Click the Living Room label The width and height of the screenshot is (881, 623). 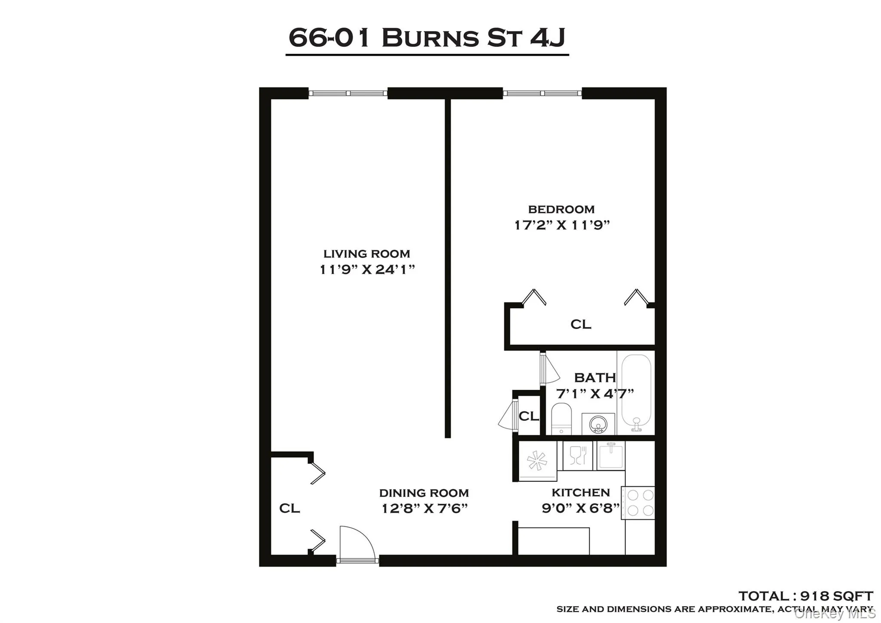[x=367, y=254]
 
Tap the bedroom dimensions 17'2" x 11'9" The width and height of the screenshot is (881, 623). [x=562, y=225]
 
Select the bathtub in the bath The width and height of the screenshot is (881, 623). [x=636, y=392]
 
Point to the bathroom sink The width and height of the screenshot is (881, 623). [x=598, y=424]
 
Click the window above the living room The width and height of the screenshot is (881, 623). [x=348, y=93]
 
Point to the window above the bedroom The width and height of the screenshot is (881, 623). [x=542, y=93]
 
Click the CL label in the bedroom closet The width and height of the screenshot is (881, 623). [x=580, y=324]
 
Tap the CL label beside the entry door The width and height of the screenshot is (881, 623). [x=290, y=509]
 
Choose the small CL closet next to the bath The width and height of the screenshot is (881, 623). [x=529, y=416]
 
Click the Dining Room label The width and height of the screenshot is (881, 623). [x=424, y=493]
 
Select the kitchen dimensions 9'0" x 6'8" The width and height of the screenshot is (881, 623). [x=580, y=509]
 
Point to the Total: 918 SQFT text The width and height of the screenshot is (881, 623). [x=805, y=596]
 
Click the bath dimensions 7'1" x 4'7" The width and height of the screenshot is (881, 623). [x=595, y=393]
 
